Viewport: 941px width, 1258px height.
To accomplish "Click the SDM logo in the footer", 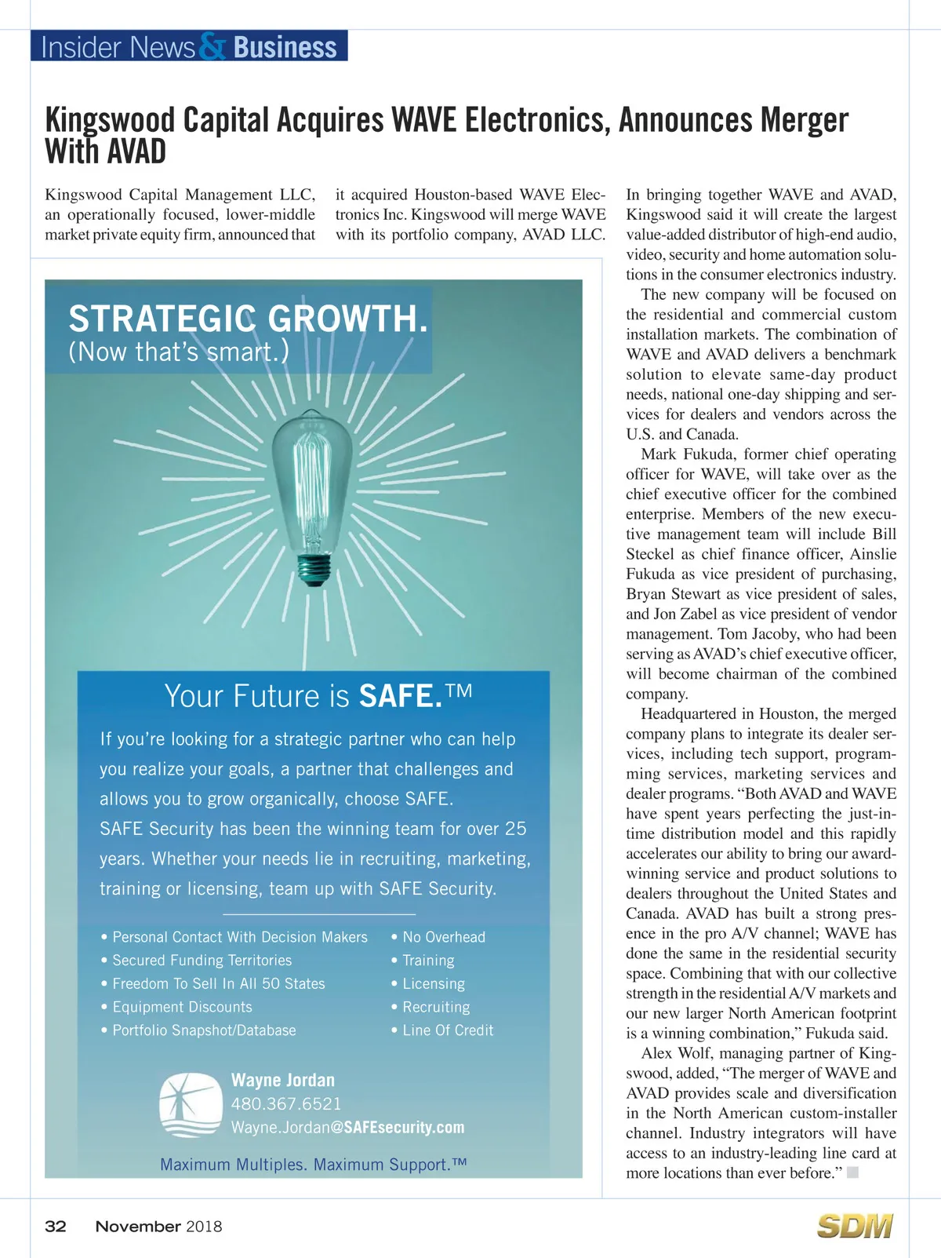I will (x=855, y=1226).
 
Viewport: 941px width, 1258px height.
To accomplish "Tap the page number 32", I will (x=56, y=1227).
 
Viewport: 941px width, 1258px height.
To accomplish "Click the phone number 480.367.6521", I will (x=286, y=1104).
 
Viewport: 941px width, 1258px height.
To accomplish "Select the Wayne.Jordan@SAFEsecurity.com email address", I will (x=347, y=1128).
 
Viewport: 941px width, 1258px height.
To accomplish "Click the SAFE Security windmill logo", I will (x=191, y=1105).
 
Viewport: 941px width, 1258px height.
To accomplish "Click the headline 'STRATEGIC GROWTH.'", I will (x=248, y=319).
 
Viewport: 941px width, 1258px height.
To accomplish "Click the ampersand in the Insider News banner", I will (x=212, y=47).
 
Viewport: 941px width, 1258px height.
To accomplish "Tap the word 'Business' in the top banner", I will (x=285, y=47).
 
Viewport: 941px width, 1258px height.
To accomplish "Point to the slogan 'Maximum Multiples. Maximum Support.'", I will (x=313, y=1165).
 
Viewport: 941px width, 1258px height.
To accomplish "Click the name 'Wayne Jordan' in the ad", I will (x=282, y=1081).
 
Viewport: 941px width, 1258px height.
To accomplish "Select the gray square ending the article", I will (x=853, y=1172).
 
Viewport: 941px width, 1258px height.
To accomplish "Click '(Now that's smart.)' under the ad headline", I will (x=179, y=352).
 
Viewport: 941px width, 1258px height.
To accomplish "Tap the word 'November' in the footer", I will (x=138, y=1227).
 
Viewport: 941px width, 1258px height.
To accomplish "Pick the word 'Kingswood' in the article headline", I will (x=110, y=121).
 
